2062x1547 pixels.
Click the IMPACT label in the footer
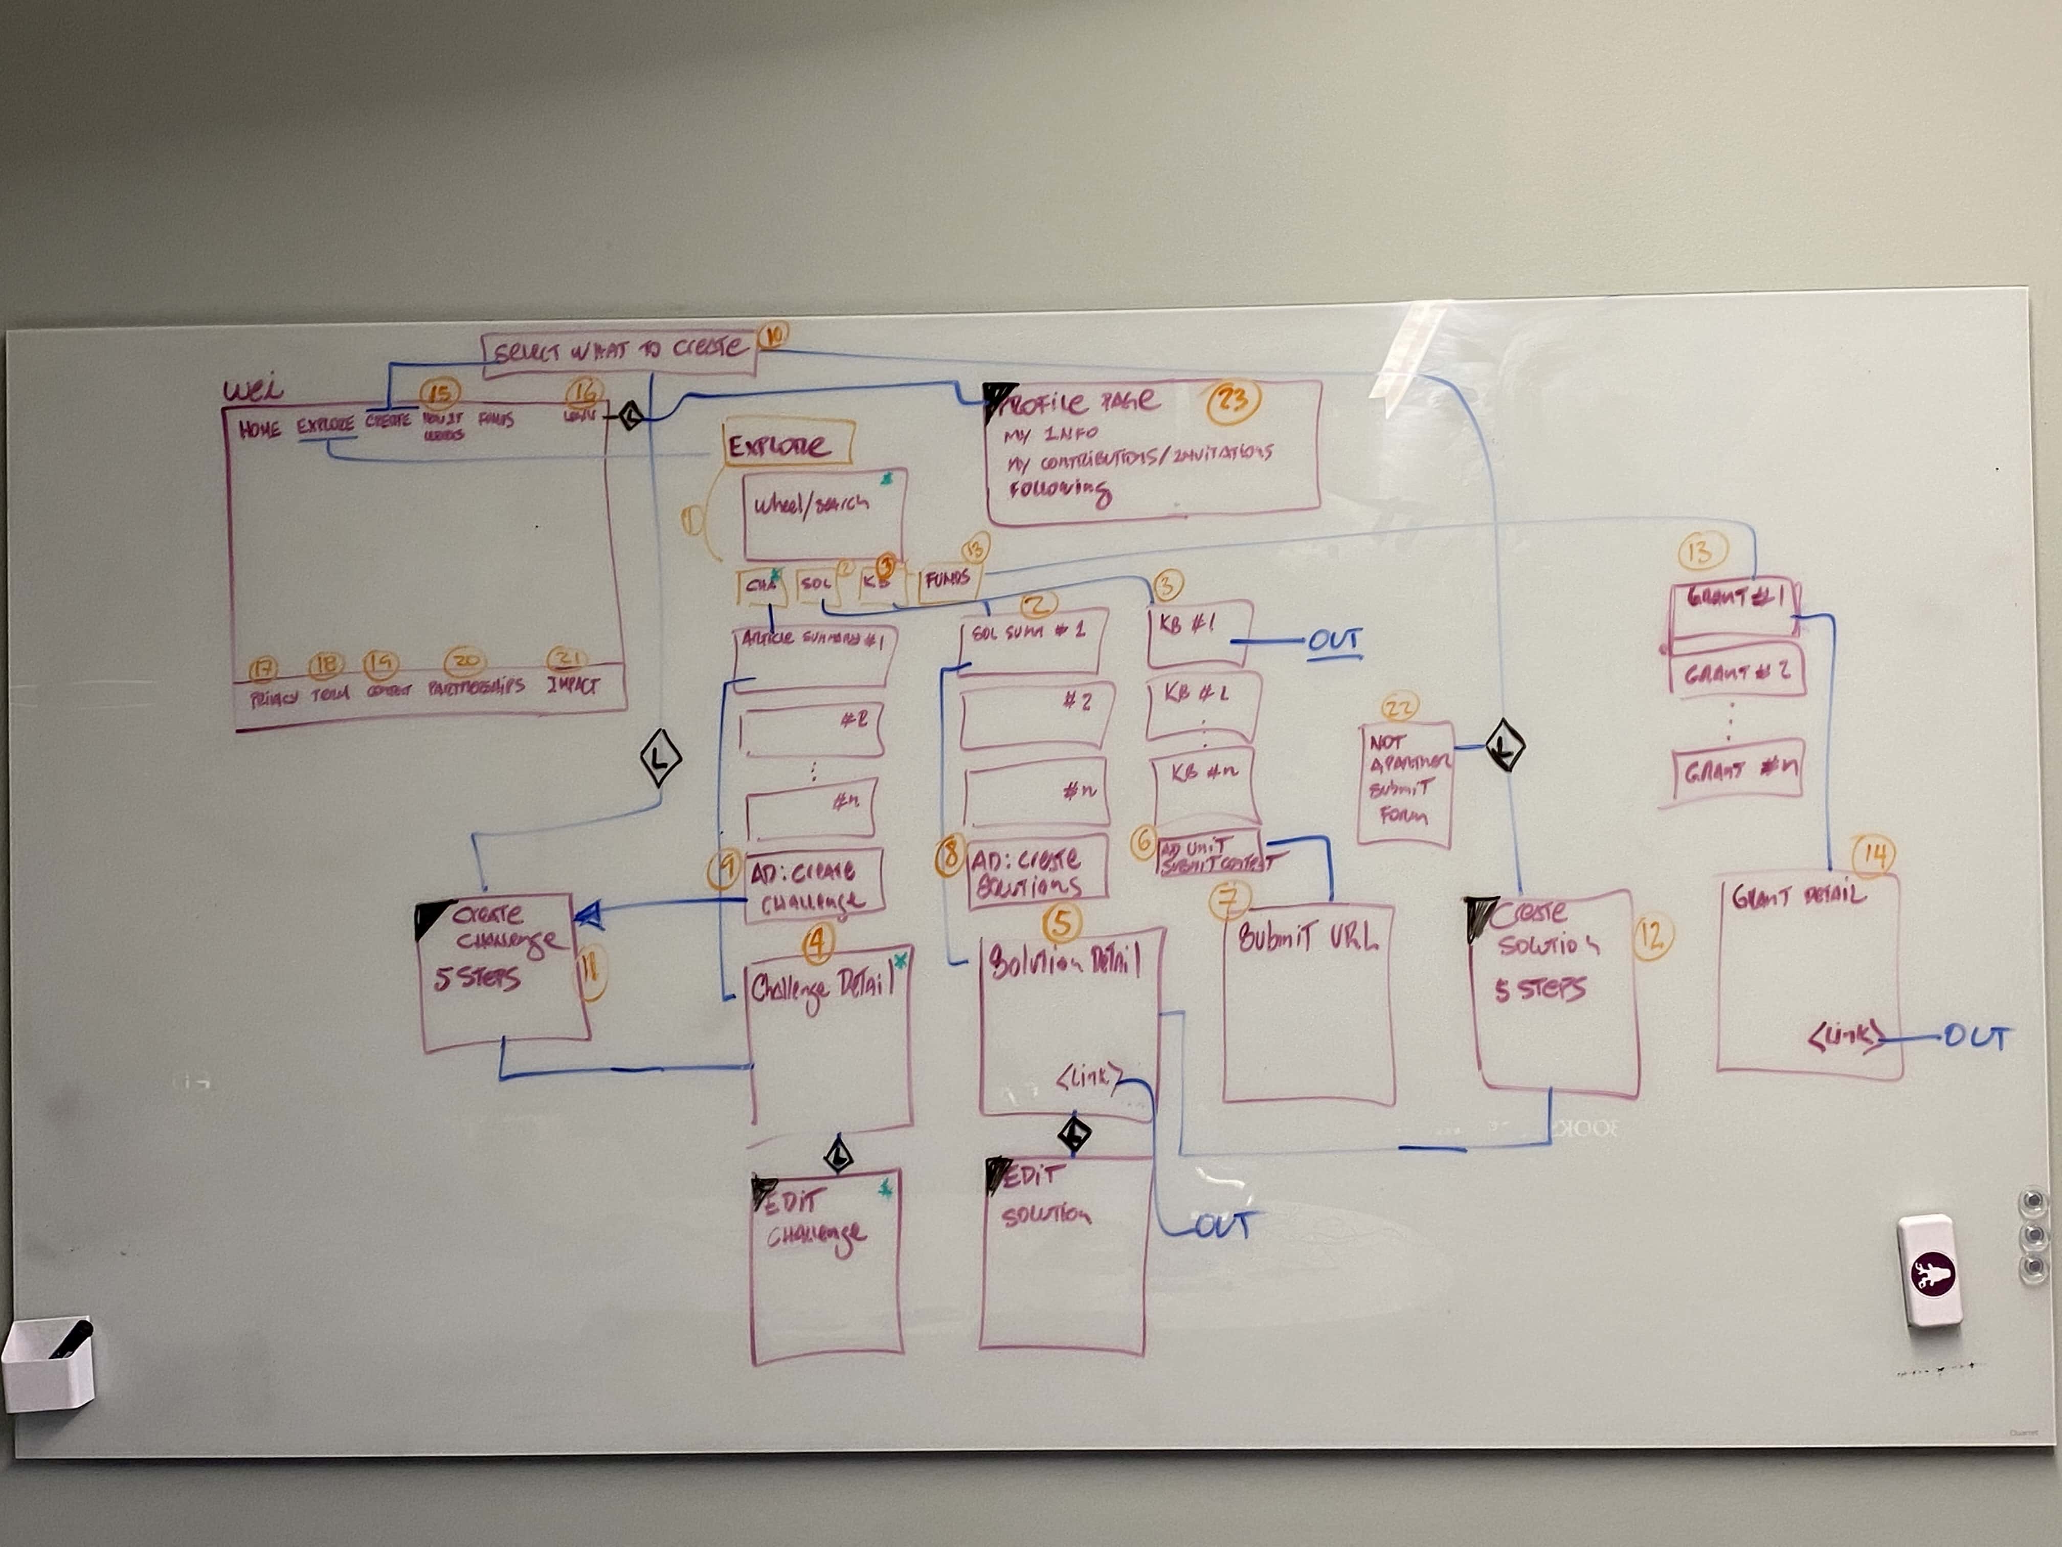tap(573, 686)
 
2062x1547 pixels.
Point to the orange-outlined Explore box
tap(788, 443)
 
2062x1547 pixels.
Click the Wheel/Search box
tap(824, 513)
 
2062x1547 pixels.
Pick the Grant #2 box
tap(1736, 671)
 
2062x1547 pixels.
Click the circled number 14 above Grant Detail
tap(1874, 855)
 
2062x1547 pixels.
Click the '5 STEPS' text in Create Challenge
tap(477, 978)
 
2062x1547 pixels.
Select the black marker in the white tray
tap(71, 1339)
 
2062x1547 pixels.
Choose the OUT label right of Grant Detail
tap(1975, 1038)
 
